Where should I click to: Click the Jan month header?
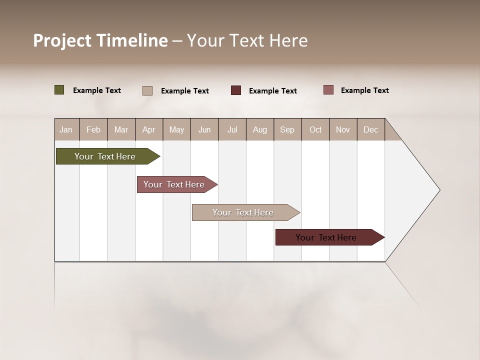(66, 129)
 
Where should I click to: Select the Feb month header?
(93, 129)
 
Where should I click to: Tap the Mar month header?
(121, 129)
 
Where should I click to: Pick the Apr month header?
(148, 129)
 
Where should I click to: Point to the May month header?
(176, 129)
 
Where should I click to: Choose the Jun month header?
(204, 129)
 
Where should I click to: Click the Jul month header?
(232, 129)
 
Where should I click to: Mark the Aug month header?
(260, 129)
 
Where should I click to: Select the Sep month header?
(287, 129)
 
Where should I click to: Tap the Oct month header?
(315, 129)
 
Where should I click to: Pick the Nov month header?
(343, 129)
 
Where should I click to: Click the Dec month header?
(370, 129)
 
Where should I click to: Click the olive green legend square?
(59, 90)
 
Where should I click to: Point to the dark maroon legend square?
(236, 90)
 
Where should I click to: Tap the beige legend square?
(147, 90)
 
